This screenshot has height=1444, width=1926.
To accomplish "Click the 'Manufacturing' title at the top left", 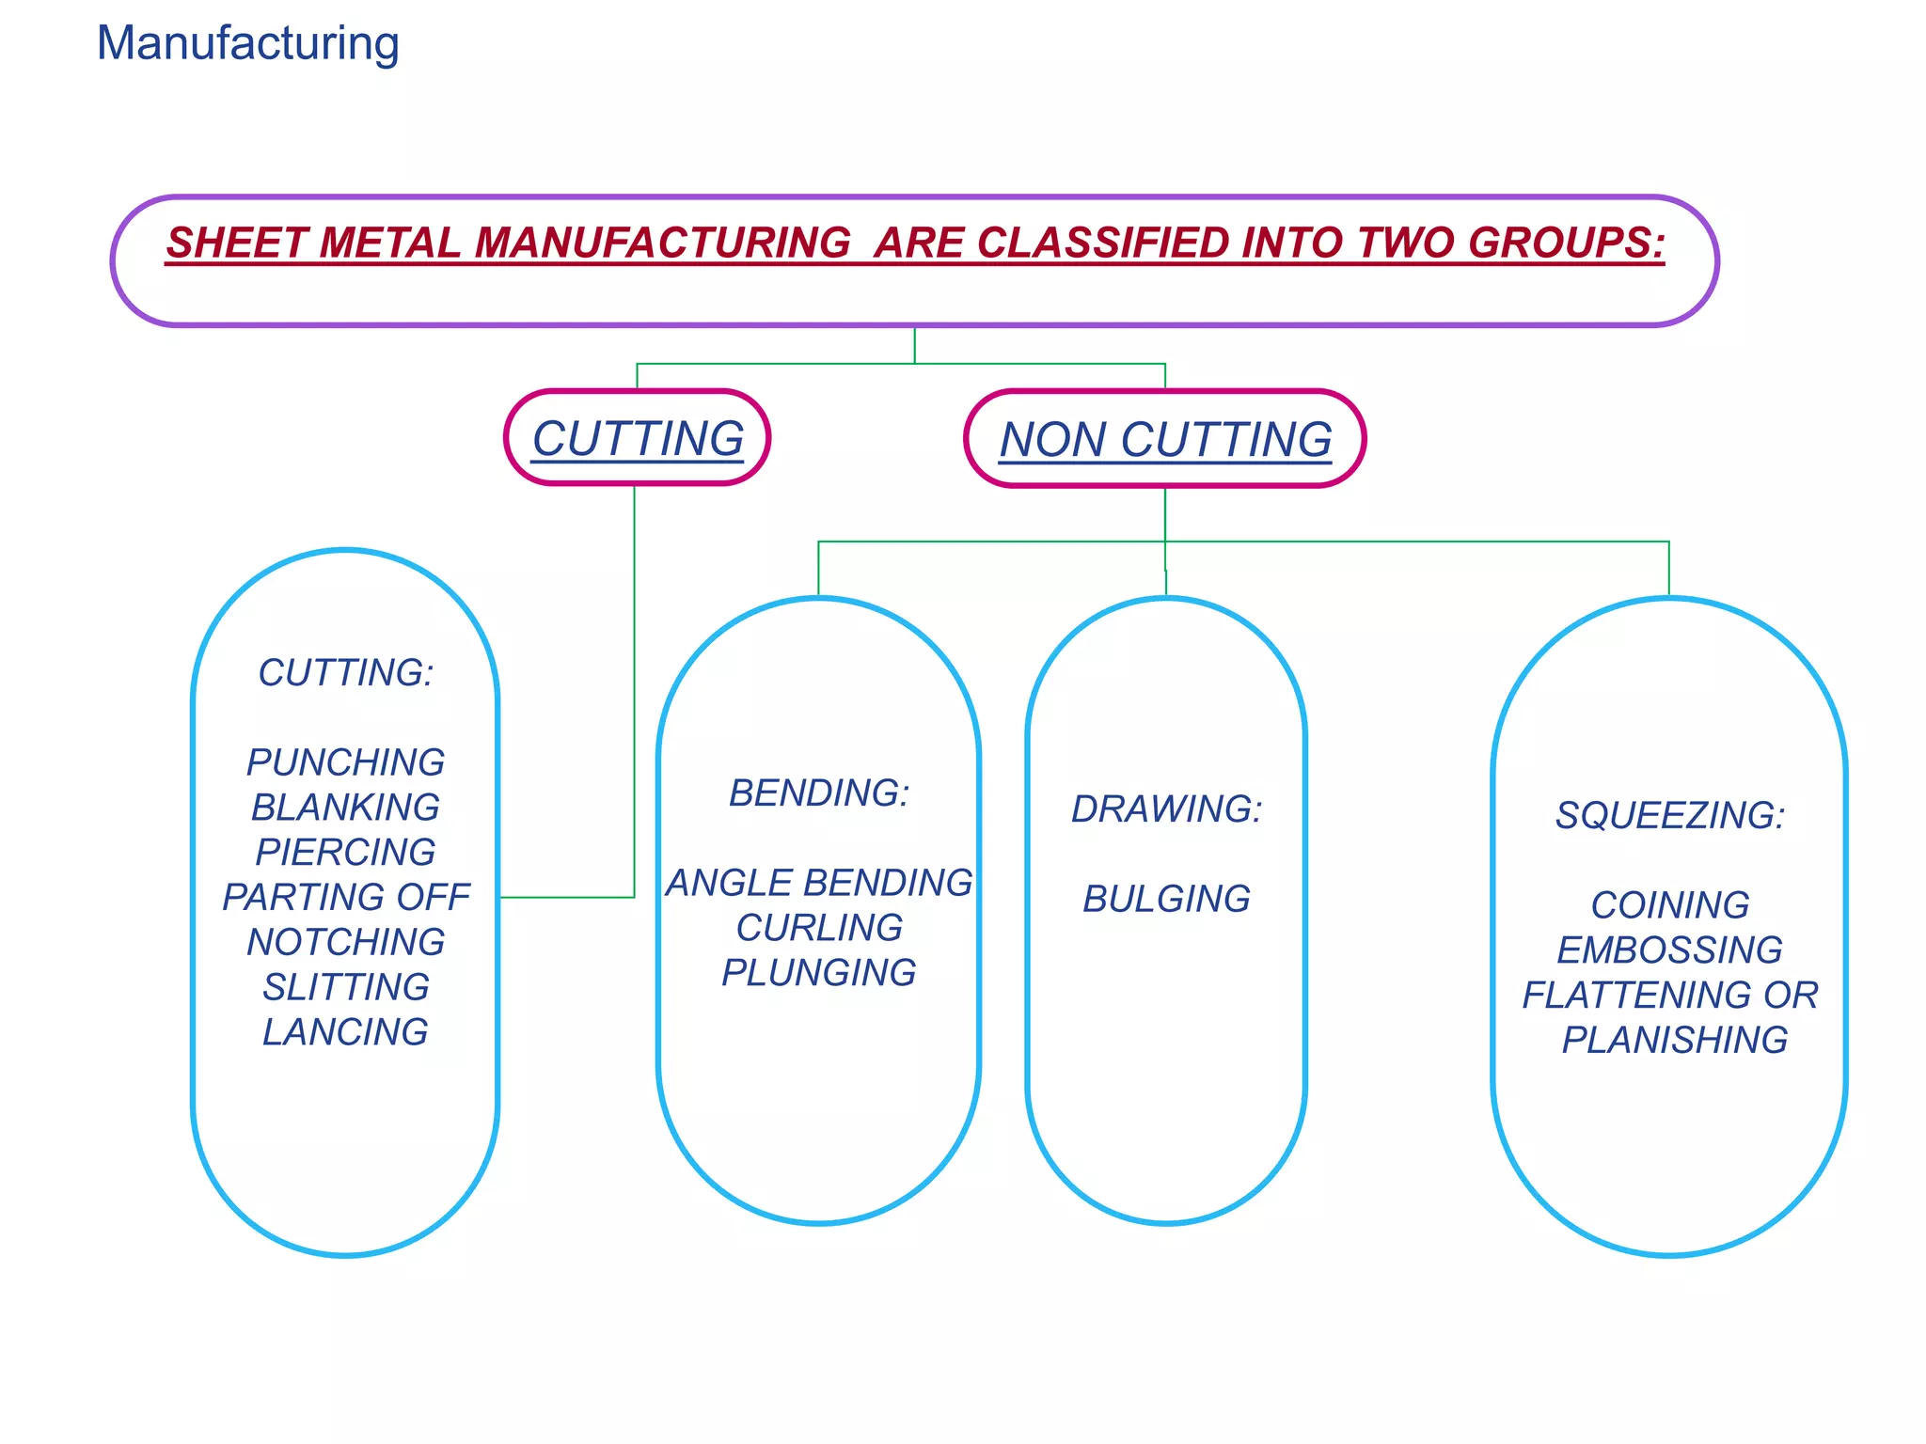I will (248, 43).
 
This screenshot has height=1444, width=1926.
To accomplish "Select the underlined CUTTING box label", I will (638, 438).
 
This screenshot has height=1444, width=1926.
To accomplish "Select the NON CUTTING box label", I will (1165, 439).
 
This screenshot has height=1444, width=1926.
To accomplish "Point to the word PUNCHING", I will (345, 762).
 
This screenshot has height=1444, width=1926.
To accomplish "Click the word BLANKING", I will (345, 808).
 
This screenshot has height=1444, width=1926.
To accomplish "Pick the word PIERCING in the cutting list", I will (345, 853).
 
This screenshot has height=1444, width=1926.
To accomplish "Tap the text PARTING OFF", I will (345, 897).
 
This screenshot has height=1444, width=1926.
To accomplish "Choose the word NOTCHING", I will (345, 942).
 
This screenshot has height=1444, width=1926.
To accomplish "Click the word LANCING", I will (345, 1032).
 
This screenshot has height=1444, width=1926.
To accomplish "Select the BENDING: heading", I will (819, 793).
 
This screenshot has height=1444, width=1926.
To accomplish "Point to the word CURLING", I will (819, 928).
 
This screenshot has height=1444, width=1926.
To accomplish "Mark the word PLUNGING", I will (819, 973).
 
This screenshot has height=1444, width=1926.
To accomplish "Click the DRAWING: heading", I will (1166, 809).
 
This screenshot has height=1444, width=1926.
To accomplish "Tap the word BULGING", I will (1166, 900).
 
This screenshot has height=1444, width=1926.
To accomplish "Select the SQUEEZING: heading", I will (1669, 815).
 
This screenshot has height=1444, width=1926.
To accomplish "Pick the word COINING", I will (1669, 905).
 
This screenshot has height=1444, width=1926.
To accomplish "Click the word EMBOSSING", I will (1669, 950).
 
